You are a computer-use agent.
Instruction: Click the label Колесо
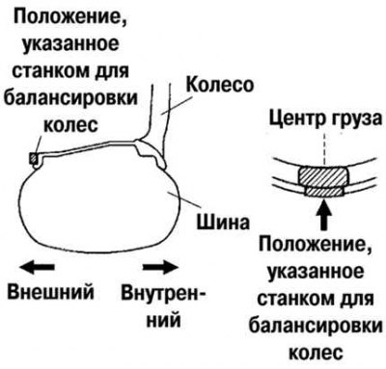220,86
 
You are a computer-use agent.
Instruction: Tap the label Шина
223,222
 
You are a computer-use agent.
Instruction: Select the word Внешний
51,292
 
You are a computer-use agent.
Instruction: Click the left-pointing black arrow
36,267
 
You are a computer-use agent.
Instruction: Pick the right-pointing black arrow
159,267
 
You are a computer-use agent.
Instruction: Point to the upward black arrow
325,215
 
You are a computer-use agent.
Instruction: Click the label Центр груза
325,119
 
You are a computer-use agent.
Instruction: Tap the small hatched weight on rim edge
34,158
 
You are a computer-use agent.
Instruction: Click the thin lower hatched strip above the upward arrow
324,192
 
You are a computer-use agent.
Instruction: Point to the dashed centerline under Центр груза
325,148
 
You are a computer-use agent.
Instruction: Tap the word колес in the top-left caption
70,124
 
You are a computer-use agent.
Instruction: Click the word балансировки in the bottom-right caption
316,326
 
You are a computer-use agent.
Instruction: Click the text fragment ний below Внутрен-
163,319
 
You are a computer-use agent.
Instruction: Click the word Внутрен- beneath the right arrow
163,293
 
